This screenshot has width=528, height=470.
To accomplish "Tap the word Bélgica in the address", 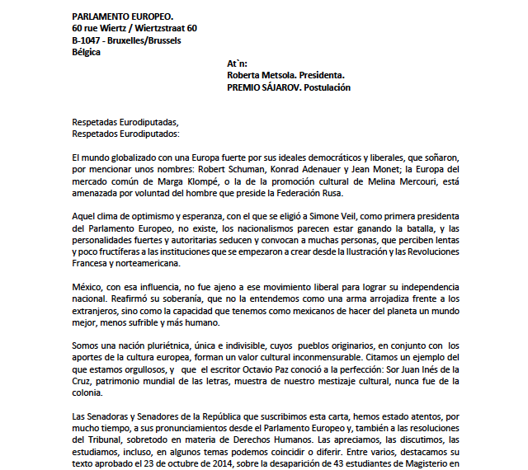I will click(87, 52).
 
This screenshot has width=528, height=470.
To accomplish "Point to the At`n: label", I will click(237, 63).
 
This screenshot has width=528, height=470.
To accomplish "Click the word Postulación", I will click(328, 87).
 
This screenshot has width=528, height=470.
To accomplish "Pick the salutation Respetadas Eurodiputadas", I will click(125, 122).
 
